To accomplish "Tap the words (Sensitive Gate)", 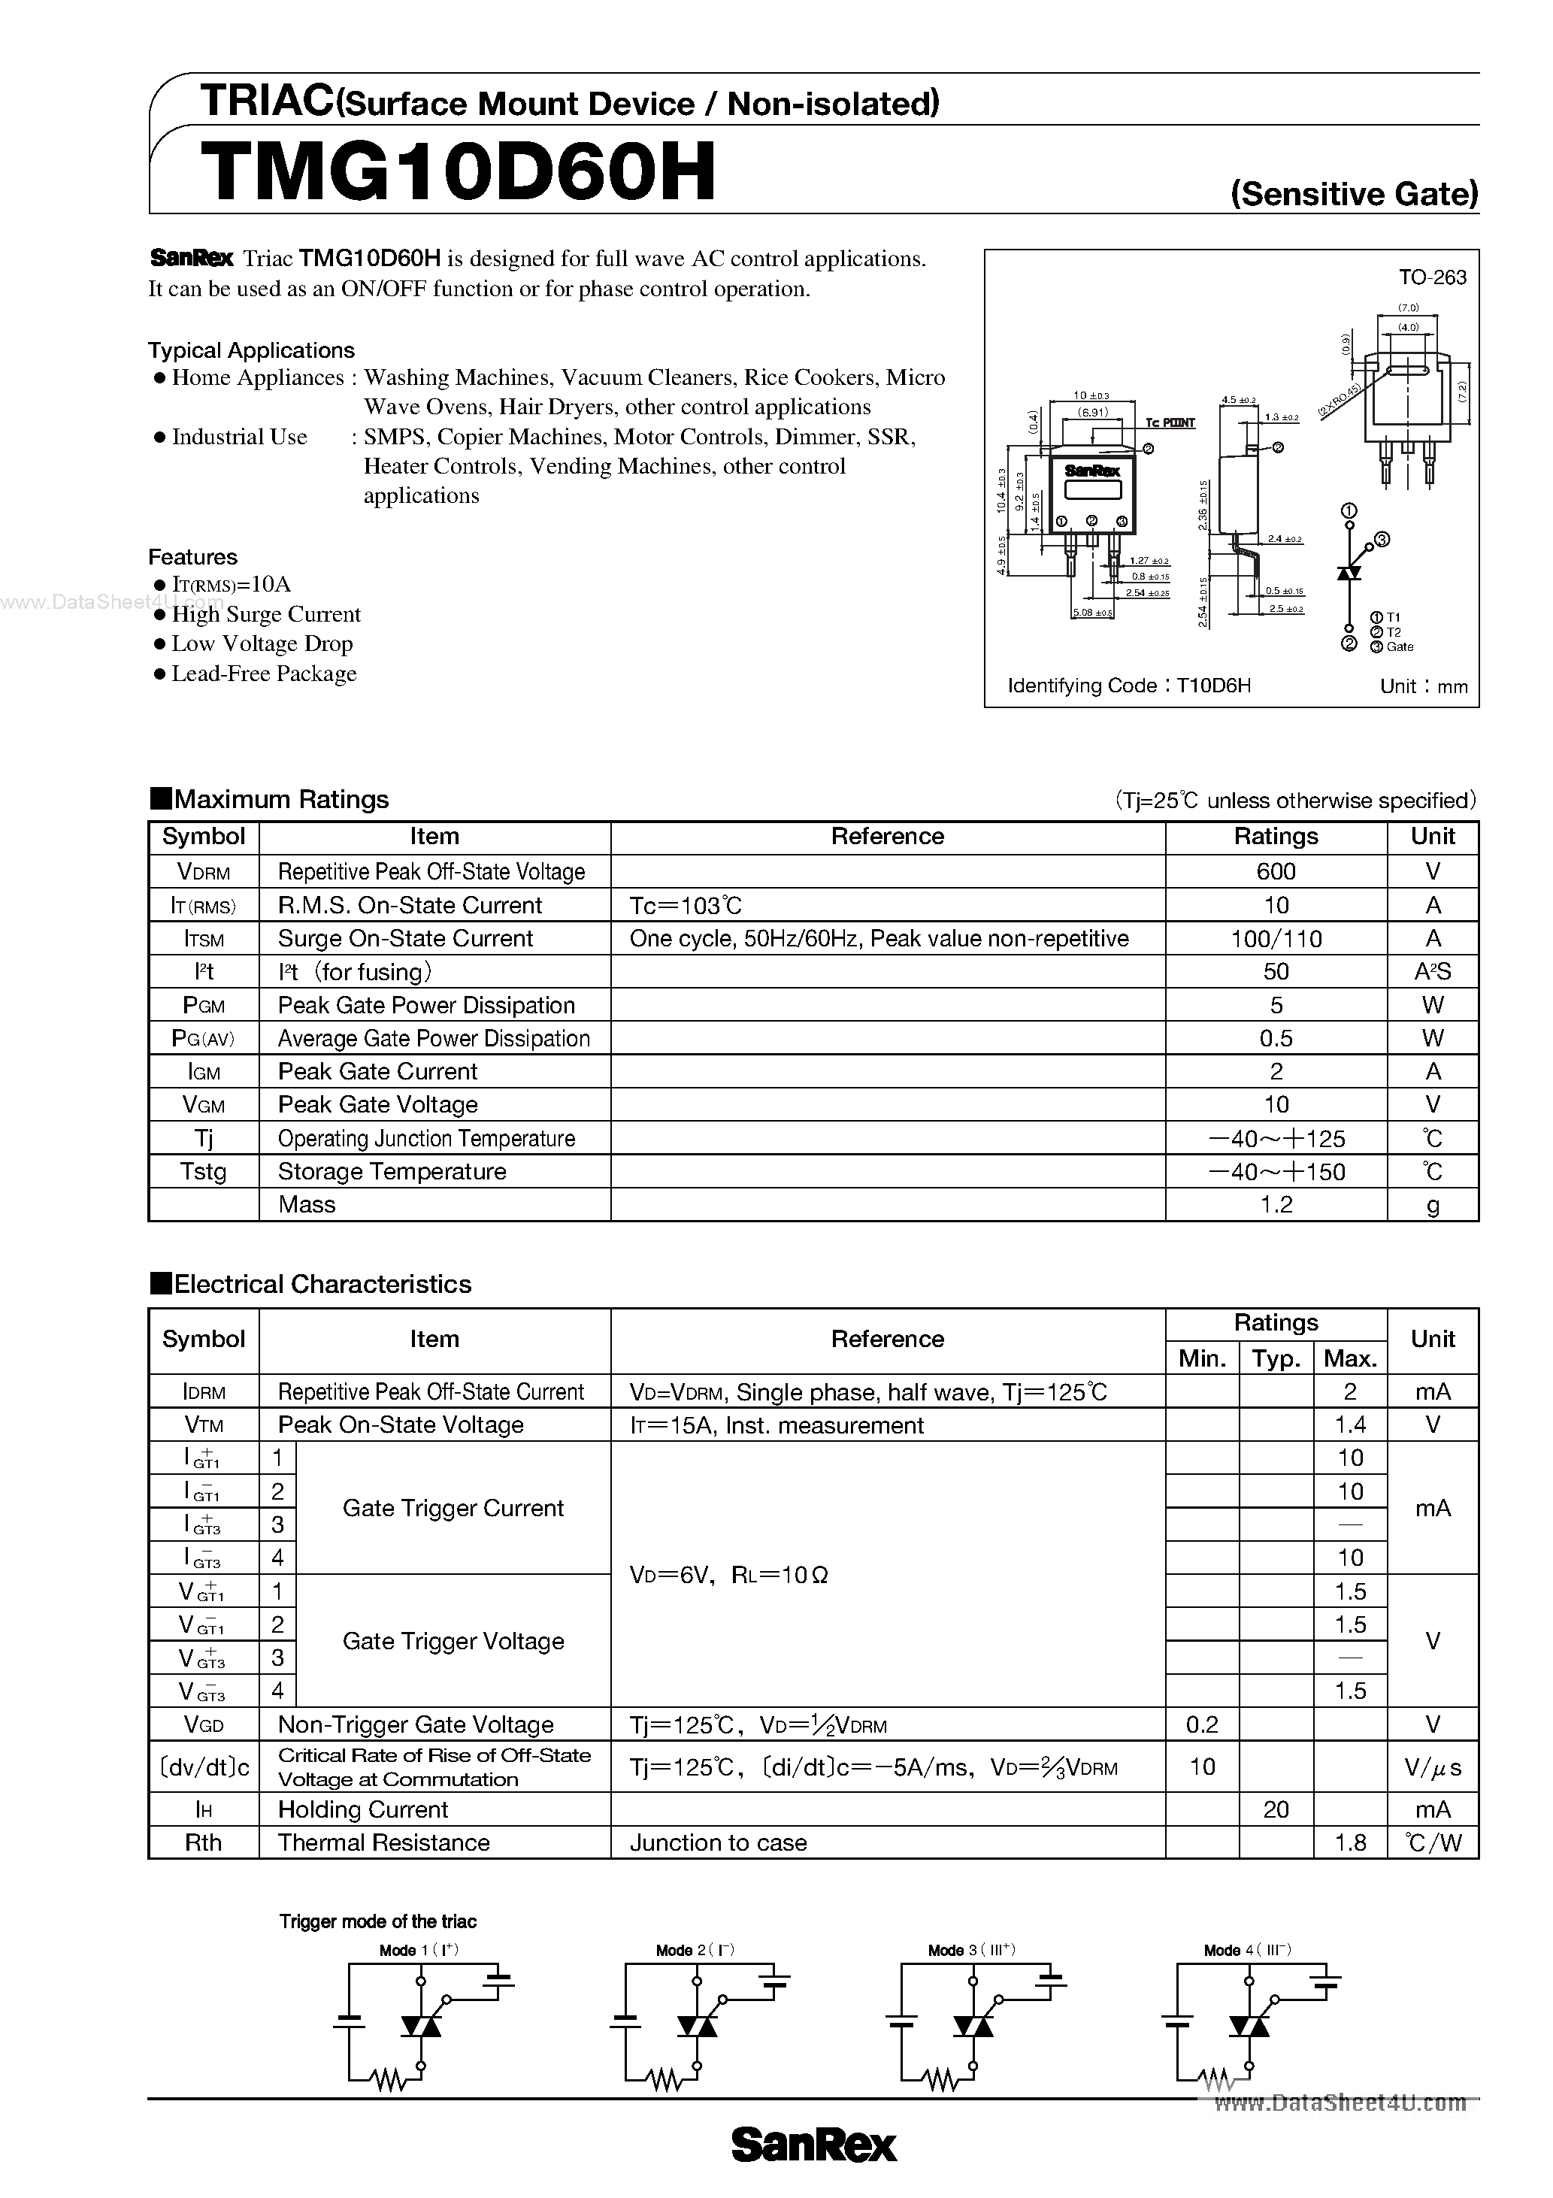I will tap(1354, 195).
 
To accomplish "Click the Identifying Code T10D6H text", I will tap(1129, 686).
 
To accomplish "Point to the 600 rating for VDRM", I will tap(1276, 871).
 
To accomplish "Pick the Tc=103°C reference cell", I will tap(686, 904).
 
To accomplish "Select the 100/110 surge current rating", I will tap(1276, 938).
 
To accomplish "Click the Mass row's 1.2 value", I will tap(1276, 1204).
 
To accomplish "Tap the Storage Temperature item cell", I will tap(392, 1171).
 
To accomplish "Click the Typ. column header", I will tap(1276, 1358).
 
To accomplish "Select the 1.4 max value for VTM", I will tap(1349, 1424).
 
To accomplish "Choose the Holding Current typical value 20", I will tap(1276, 1809).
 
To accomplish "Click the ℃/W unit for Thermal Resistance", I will tap(1433, 1843).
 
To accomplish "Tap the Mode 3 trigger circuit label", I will tap(970, 1950).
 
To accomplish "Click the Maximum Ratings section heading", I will tap(270, 799).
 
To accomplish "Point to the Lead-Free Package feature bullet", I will tap(263, 674).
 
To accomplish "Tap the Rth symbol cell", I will tap(203, 1843).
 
